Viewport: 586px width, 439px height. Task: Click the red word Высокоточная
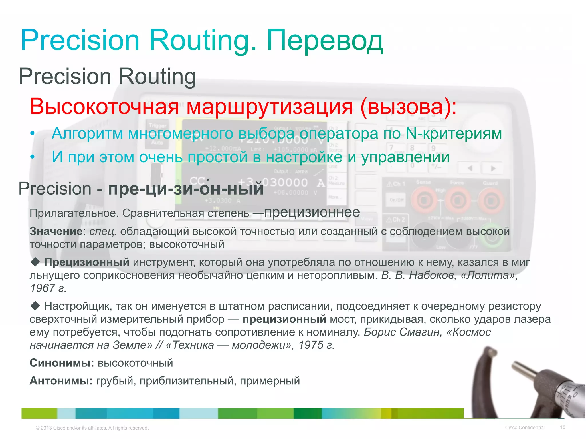(104, 107)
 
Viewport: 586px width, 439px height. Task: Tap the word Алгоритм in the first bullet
(87, 133)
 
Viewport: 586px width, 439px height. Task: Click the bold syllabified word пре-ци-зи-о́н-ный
(185, 189)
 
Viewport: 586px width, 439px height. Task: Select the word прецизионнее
(312, 212)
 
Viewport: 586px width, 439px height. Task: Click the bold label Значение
(56, 231)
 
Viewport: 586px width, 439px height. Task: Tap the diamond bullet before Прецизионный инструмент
(35, 261)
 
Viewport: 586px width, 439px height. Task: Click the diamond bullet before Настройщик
(35, 306)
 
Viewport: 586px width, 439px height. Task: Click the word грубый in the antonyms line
(116, 381)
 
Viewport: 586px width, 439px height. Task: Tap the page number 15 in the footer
(562, 427)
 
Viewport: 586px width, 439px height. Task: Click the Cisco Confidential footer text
(524, 428)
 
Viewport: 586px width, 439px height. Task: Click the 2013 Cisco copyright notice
(92, 428)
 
